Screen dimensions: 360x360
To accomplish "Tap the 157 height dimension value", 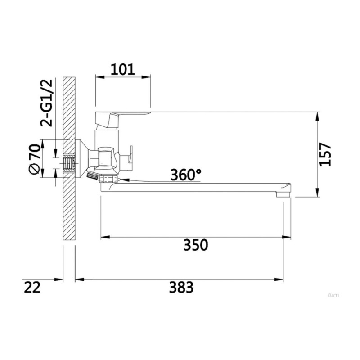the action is [325, 154].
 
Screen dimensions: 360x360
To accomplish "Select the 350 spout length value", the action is [196, 245].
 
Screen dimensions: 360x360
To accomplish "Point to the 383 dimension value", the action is [181, 287].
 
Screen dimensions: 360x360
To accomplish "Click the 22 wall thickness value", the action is [32, 287].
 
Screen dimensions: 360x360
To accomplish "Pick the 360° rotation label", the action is [186, 175].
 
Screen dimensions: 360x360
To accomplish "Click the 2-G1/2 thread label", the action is [46, 103].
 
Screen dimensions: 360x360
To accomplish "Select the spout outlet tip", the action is [283, 194].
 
